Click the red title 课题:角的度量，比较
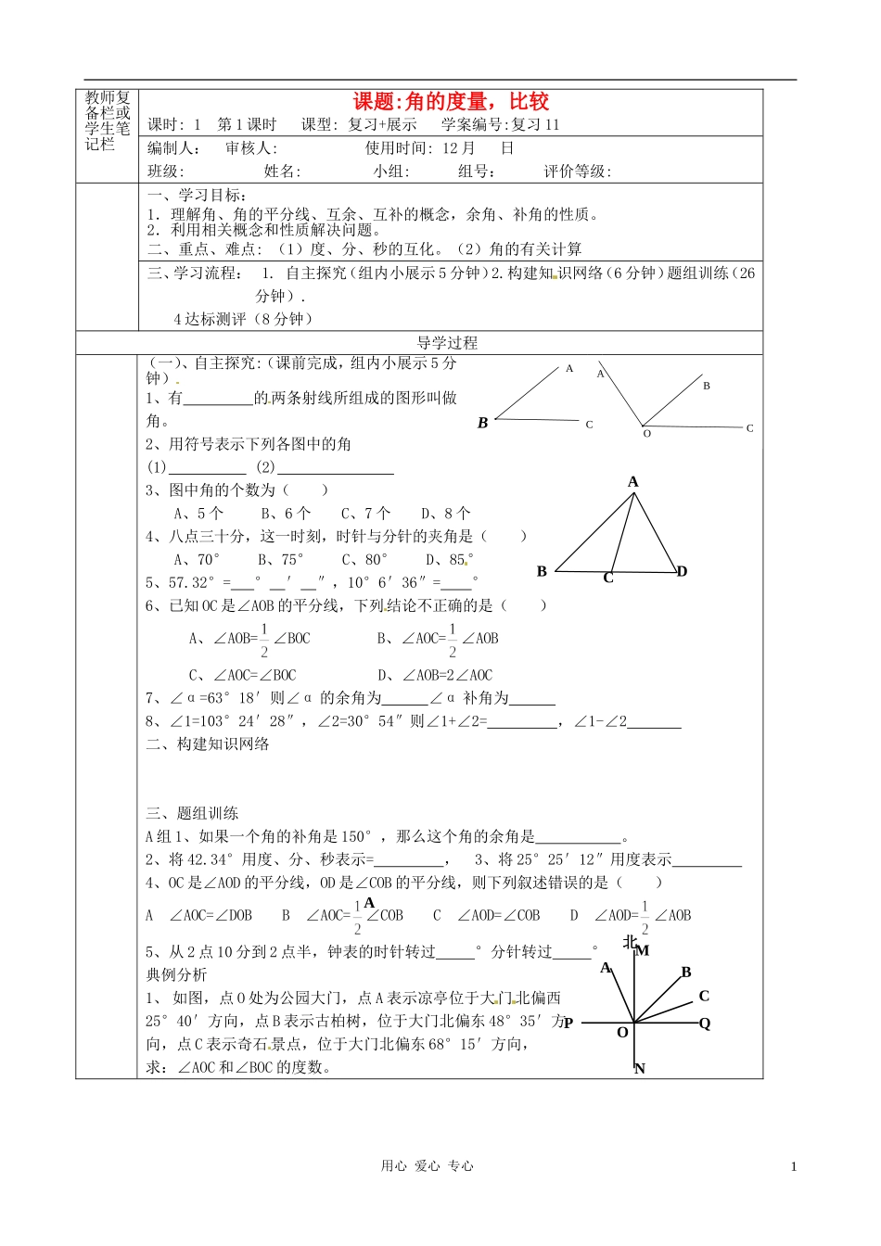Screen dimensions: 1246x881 451,102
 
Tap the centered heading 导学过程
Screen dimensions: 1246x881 447,343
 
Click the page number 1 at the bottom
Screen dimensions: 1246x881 794,1167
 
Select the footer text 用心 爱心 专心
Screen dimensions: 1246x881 427,1166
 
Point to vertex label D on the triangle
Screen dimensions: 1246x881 683,571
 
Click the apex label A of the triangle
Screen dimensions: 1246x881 633,482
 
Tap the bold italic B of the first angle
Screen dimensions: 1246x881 482,423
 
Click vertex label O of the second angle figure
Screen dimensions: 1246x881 647,434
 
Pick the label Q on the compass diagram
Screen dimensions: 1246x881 705,1023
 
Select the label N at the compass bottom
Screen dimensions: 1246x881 640,1069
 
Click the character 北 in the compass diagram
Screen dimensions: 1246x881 630,942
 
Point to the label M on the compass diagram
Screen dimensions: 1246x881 643,950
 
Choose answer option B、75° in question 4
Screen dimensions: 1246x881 280,560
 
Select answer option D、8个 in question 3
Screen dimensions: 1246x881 445,514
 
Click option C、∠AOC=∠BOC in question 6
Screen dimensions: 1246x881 242,676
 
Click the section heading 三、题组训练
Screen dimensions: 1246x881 192,814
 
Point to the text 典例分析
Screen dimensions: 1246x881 177,975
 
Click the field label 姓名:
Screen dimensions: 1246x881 282,172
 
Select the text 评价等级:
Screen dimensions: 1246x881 577,172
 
